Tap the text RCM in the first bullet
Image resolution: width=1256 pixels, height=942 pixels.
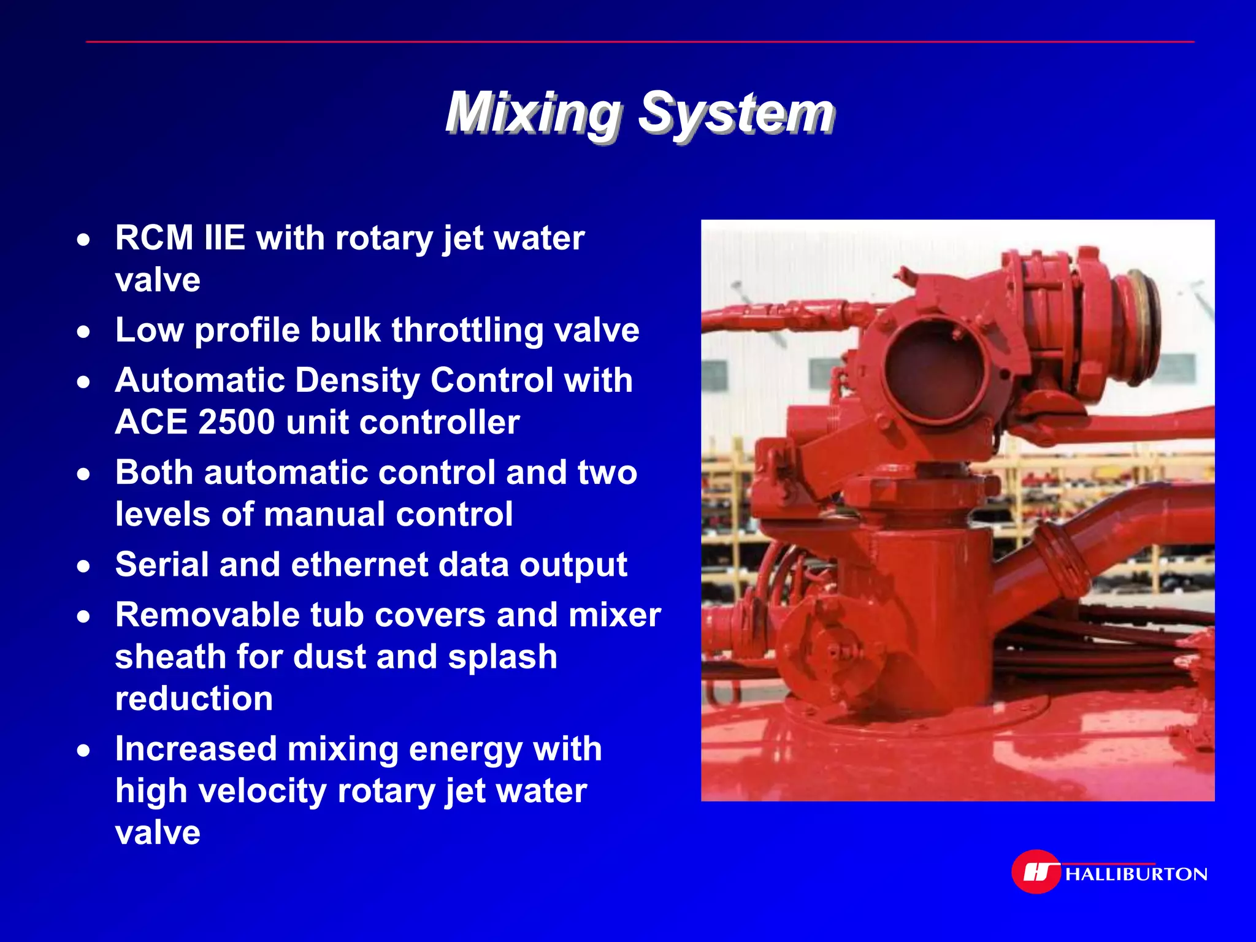pos(154,237)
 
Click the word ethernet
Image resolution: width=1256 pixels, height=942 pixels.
pos(359,564)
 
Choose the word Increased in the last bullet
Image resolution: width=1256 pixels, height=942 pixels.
pos(196,748)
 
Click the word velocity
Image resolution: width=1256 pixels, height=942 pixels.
pos(262,791)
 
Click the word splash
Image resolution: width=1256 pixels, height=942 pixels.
pos(502,657)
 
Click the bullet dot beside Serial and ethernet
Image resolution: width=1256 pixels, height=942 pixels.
pos(84,566)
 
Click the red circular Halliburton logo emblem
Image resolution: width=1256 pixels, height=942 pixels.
pos(1036,871)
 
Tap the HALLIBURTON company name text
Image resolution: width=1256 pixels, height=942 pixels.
pos(1136,874)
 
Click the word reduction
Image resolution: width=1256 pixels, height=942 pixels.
pos(194,699)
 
